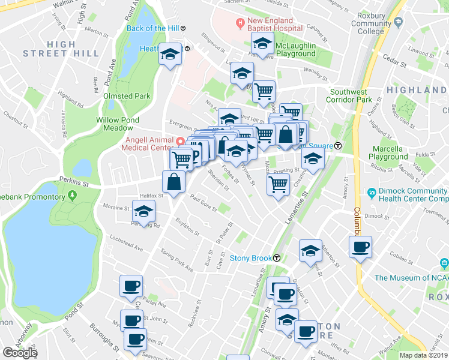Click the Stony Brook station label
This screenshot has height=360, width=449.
coord(251,259)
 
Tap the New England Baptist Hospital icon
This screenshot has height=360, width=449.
coord(240,25)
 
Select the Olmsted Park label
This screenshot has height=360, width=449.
coord(127,95)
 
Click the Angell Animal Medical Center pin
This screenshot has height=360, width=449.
coord(181,141)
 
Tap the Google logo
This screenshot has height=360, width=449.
coord(20,353)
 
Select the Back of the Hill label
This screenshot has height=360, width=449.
coord(152,28)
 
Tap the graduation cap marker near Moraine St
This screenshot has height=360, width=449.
coord(143,211)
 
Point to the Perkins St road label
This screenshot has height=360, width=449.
coord(74,179)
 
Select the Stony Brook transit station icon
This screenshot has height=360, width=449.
coord(277,259)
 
